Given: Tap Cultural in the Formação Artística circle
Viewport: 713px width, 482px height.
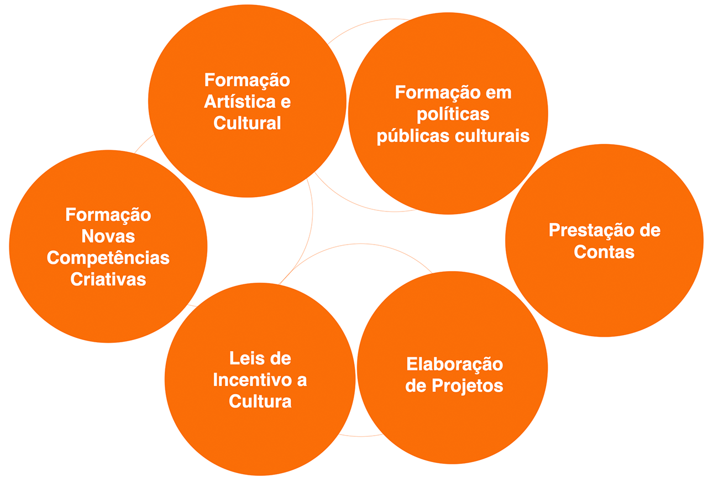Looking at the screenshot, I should coord(247,123).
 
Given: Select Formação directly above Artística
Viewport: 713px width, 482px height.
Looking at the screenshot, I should coord(247,80).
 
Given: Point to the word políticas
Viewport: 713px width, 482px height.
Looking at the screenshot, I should coord(453,114).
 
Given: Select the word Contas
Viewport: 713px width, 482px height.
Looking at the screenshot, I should coord(604,252).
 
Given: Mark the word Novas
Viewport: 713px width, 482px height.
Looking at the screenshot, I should coord(108,236).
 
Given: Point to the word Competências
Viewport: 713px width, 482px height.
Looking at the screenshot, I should coord(108,258).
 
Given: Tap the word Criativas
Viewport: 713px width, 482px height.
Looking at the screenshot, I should coord(108,279).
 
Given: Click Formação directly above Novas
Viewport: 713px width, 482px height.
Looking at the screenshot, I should coord(108,215).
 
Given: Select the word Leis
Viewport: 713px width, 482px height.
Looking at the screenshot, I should coord(244,358).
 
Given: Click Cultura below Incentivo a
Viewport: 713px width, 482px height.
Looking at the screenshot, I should coord(260,401).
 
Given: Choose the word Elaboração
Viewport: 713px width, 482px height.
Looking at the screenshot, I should coord(454,364).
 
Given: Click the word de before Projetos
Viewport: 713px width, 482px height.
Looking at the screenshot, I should coord(416,385).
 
